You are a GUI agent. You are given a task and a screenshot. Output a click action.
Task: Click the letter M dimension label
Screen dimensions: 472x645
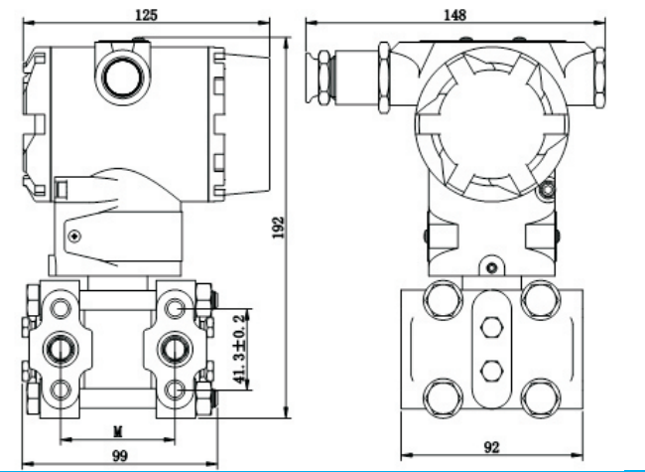tap(116, 430)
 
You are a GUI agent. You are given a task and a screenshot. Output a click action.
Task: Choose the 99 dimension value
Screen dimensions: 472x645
tap(119, 455)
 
